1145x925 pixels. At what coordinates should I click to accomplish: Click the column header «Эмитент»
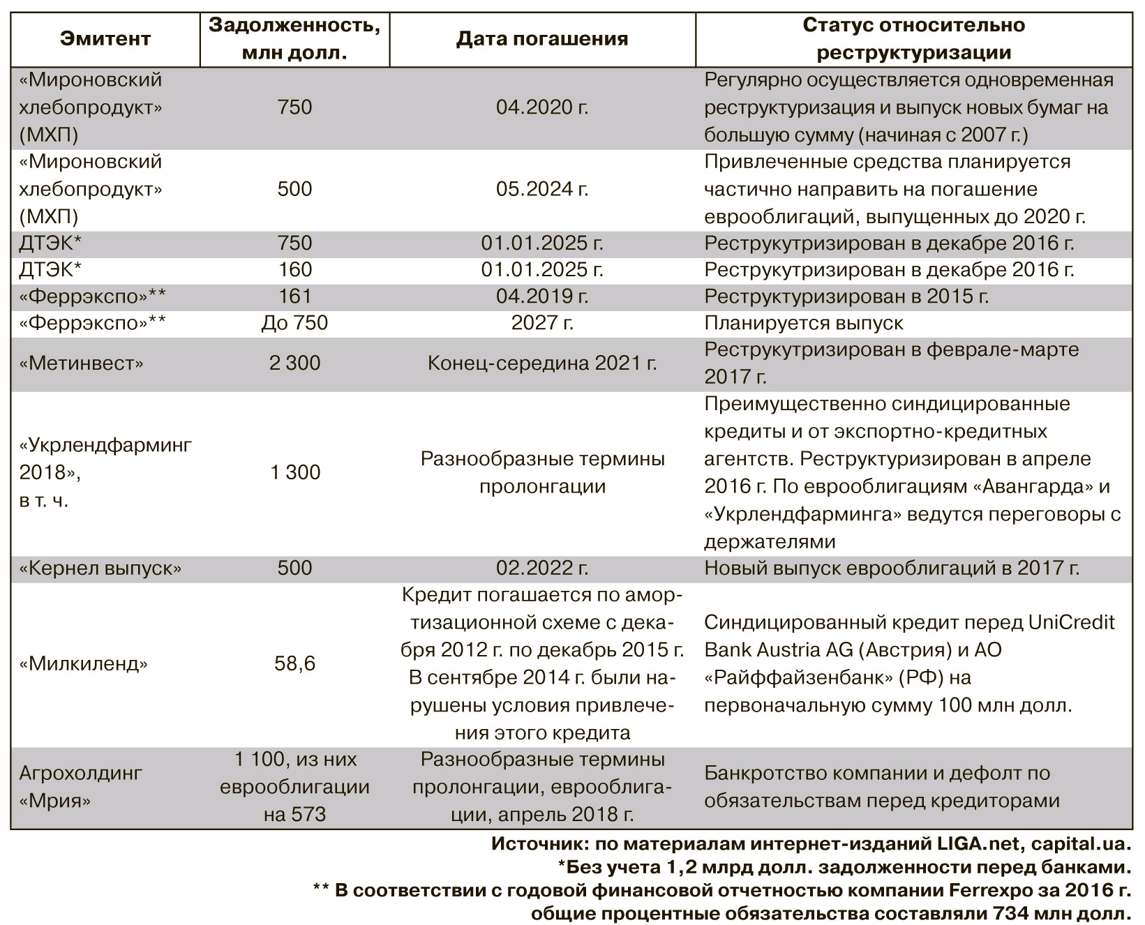point(105,38)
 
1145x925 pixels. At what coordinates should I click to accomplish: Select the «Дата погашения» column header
point(542,38)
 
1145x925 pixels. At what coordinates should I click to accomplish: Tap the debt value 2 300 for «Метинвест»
point(294,363)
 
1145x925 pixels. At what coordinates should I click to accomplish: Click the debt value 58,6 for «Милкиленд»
point(294,663)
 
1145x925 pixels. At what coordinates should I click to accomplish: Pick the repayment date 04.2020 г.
point(542,107)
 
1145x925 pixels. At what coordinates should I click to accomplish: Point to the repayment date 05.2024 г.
point(542,189)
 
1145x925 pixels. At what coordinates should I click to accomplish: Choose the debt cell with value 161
point(294,296)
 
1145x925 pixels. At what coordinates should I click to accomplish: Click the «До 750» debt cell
point(294,324)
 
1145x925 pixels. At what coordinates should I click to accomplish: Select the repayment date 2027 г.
point(542,324)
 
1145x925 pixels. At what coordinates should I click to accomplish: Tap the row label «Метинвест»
point(82,363)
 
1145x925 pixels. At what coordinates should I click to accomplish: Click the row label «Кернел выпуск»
point(100,569)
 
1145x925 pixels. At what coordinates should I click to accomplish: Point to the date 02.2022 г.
point(542,569)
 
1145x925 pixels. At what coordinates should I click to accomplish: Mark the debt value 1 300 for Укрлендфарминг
point(294,472)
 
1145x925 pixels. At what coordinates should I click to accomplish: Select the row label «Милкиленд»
point(84,663)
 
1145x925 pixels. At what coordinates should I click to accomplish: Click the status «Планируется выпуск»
point(803,324)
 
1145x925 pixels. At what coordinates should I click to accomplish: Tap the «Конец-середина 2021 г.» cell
point(542,363)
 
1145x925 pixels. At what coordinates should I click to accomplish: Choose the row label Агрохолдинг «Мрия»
point(80,787)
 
